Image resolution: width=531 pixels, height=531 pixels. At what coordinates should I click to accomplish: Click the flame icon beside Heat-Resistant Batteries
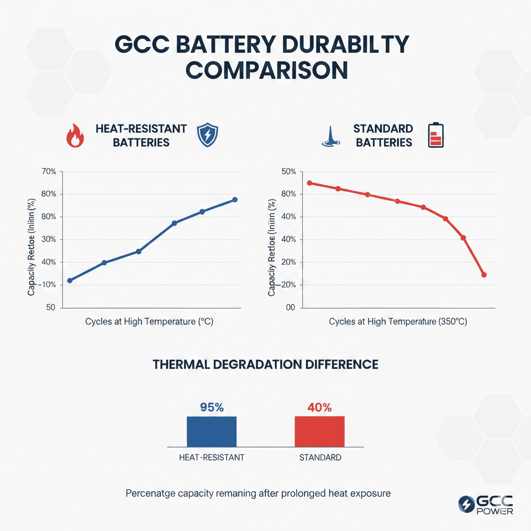[x=76, y=136]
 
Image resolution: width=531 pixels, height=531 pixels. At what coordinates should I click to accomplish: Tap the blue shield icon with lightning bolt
[x=208, y=136]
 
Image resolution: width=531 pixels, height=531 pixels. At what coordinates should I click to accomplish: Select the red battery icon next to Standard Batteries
[x=436, y=135]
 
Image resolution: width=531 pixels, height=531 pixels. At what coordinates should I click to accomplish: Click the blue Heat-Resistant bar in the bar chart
[x=212, y=431]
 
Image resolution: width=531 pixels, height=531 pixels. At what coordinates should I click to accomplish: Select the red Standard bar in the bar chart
[x=319, y=431]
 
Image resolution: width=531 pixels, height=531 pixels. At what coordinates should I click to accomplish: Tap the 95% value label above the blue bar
[x=212, y=408]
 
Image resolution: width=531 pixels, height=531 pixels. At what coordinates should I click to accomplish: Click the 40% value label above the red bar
[x=319, y=408]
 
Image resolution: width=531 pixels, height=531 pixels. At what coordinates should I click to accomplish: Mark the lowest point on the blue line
[x=70, y=281]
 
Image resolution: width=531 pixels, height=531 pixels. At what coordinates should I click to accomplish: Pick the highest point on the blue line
[x=234, y=200]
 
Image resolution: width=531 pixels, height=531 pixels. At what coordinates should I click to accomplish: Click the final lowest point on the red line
[x=484, y=275]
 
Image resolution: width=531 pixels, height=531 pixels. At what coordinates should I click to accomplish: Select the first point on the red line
[x=310, y=183]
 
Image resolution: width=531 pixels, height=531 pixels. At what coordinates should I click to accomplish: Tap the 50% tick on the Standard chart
[x=288, y=172]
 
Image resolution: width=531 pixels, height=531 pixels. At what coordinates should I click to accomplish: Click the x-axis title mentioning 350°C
[x=398, y=322]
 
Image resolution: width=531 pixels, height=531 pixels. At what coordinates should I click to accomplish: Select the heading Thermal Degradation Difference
[x=265, y=365]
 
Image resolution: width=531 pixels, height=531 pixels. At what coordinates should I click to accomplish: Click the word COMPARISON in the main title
[x=265, y=70]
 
